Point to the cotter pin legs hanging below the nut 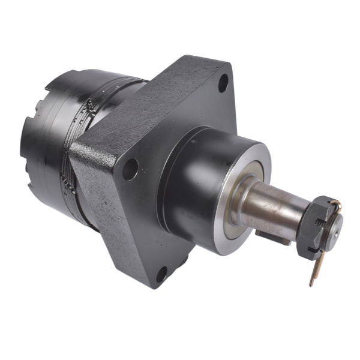pyautogui.click(x=314, y=270)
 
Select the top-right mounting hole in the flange pyautogui.click(x=222, y=82)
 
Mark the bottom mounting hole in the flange pyautogui.click(x=161, y=275)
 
